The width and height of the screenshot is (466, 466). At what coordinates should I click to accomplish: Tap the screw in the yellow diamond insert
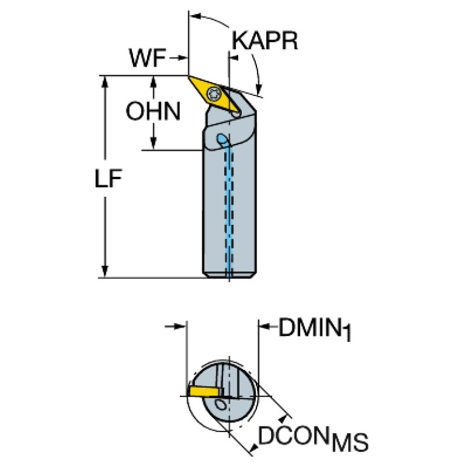coord(214,94)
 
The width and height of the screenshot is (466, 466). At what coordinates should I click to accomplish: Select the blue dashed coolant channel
coord(230,207)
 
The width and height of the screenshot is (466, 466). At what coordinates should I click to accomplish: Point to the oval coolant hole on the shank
coord(222,140)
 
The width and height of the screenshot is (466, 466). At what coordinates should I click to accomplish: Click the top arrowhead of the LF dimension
coord(106,81)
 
